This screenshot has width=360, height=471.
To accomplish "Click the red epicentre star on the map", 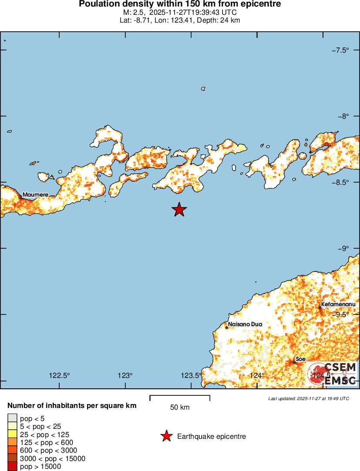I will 179,210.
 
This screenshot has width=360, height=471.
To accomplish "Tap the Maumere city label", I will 35,194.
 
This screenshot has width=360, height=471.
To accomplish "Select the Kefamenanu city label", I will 338,304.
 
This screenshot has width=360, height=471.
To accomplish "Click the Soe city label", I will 300,359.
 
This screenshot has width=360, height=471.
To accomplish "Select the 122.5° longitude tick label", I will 60,375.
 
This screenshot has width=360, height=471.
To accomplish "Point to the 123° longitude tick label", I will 125,375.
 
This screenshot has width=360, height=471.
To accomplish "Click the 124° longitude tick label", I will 257,375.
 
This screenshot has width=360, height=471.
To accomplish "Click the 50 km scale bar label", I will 180,408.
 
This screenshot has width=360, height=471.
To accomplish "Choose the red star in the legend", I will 166,436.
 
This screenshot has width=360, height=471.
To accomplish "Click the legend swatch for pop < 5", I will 12,418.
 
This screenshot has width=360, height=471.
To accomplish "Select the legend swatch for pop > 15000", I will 12,467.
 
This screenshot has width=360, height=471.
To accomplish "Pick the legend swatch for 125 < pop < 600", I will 12,442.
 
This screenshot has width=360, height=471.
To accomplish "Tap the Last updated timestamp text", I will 308,398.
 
